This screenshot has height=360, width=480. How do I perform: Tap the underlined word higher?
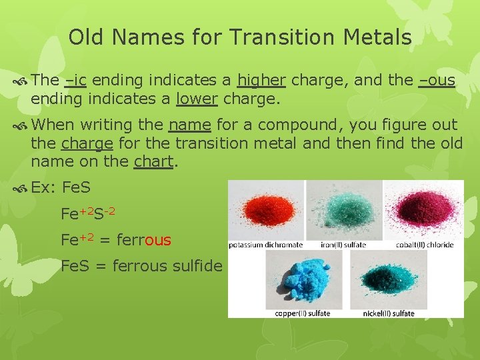pyautogui.click(x=262, y=81)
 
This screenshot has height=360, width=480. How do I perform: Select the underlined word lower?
pyautogui.click(x=197, y=99)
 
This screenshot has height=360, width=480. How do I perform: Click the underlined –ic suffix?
pyautogui.click(x=75, y=81)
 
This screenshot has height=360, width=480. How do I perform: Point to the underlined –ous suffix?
pyautogui.click(x=437, y=81)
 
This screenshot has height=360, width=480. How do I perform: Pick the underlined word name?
pyautogui.click(x=190, y=125)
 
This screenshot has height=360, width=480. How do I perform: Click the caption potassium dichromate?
pyautogui.click(x=266, y=245)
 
